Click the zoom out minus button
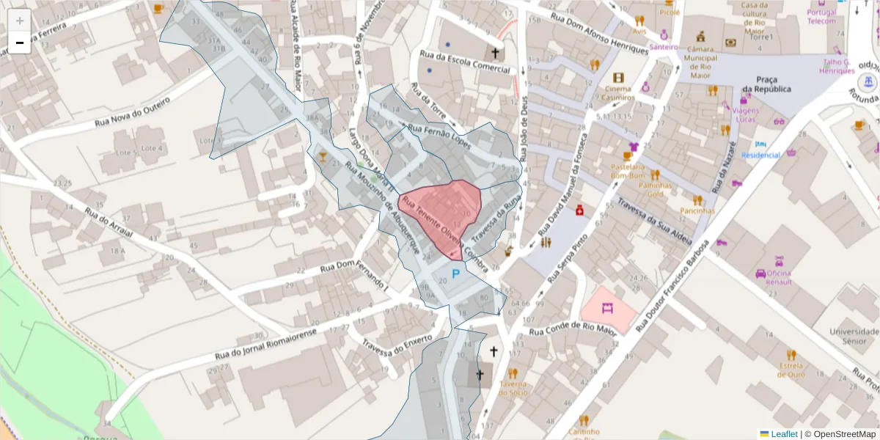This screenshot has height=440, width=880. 20,43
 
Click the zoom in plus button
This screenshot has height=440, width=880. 20,20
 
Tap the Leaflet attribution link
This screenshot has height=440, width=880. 784,434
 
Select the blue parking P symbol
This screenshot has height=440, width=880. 455,274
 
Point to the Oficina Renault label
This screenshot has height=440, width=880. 778,278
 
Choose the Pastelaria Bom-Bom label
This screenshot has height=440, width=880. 628,171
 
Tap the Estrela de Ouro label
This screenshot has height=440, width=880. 791,369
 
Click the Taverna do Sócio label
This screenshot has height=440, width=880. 513,387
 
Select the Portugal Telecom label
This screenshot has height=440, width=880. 821,16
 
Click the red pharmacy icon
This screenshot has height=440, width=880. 579,210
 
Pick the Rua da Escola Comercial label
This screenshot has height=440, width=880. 464,62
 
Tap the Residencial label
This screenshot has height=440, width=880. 760,155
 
